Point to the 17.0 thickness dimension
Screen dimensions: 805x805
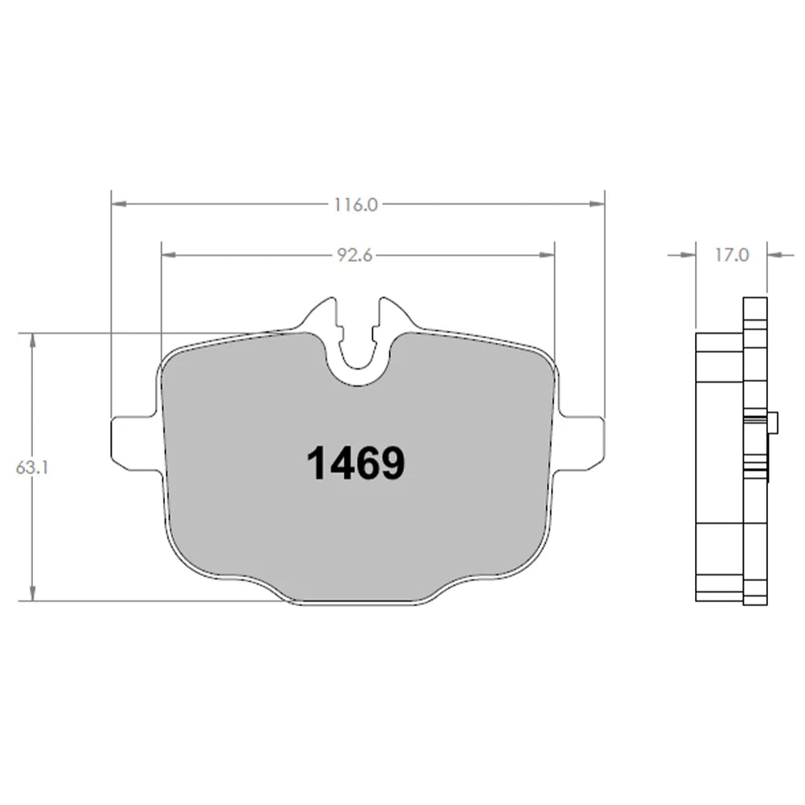pos(731,255)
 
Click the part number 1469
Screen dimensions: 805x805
pos(355,463)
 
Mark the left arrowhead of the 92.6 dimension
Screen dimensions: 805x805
pos(167,255)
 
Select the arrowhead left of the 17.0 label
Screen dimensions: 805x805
pos(689,255)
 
